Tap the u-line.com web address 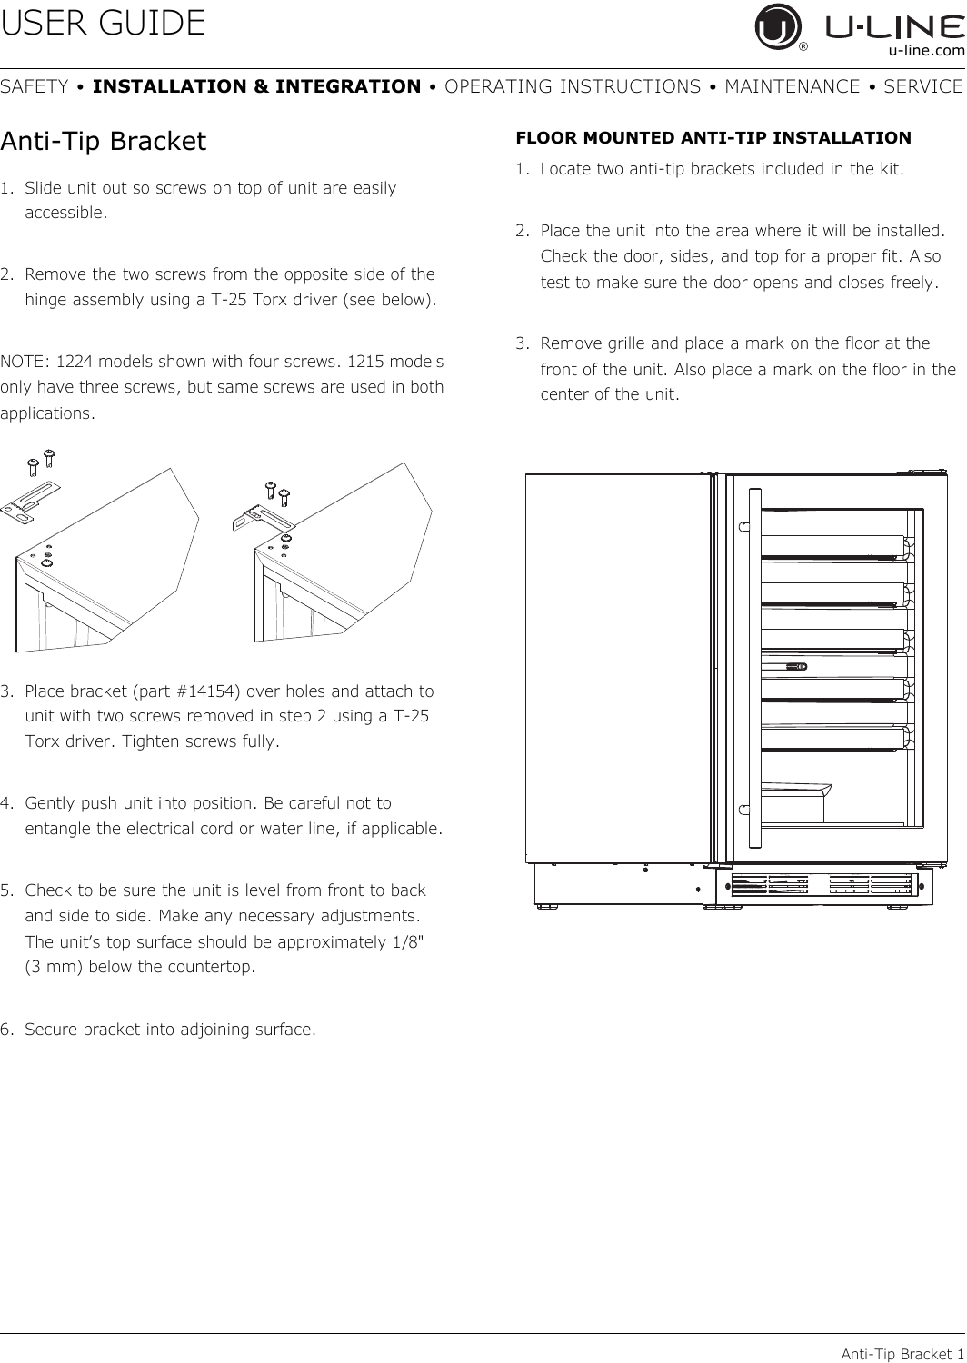click(926, 52)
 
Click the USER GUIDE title click(104, 24)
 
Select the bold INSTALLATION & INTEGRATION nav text click(256, 87)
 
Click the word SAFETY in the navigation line click(35, 87)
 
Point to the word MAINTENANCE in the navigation click(792, 87)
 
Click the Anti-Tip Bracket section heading click(104, 143)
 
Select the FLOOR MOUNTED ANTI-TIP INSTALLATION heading click(713, 138)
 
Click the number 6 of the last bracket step click(6, 1030)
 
